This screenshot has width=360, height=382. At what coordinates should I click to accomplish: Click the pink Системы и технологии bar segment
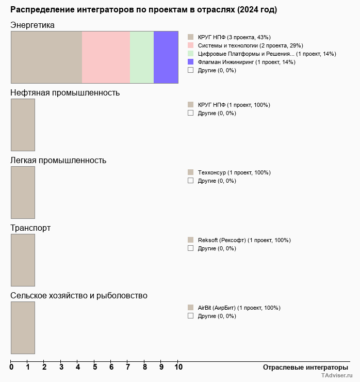click(x=106, y=57)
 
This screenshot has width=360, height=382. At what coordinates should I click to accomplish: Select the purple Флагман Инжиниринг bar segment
click(x=166, y=57)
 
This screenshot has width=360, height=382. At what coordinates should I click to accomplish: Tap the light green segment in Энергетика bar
click(x=142, y=57)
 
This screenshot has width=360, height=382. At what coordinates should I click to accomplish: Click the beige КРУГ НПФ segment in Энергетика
click(x=46, y=57)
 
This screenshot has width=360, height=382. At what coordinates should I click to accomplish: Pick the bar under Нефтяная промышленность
click(x=23, y=124)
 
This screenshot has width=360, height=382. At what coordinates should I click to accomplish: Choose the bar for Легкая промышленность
click(x=23, y=192)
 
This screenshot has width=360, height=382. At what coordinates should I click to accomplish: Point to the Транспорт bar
click(x=23, y=260)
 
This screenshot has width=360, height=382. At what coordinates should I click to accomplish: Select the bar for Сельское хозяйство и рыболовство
click(x=23, y=327)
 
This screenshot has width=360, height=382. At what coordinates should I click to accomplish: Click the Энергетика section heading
click(x=32, y=25)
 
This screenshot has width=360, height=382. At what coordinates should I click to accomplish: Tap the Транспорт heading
click(x=30, y=228)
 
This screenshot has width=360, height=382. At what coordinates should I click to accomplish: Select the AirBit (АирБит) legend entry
click(x=239, y=308)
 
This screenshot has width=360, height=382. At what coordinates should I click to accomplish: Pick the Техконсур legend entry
click(x=234, y=172)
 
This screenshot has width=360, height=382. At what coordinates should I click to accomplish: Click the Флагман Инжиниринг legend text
click(x=246, y=62)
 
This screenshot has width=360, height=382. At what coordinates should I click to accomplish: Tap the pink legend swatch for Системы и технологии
click(x=190, y=45)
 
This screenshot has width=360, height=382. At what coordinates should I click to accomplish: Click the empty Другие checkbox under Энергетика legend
click(x=190, y=70)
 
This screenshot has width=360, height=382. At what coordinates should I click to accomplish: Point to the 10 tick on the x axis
click(x=178, y=367)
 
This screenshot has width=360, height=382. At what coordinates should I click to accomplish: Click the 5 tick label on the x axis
click(x=95, y=367)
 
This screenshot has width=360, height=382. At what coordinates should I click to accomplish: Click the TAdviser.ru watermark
click(x=337, y=376)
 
